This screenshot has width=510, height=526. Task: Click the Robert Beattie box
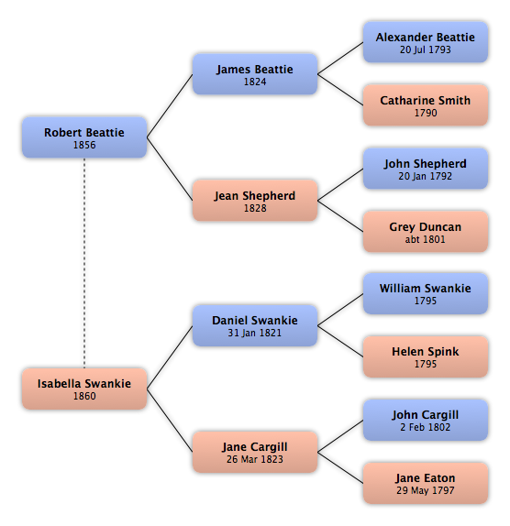(84, 137)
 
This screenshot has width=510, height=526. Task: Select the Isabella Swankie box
(84, 389)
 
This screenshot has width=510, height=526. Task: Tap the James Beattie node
(255, 74)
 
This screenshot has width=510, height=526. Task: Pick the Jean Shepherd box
(255, 201)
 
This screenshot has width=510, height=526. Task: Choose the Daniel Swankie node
(255, 325)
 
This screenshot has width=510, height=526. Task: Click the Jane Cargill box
(255, 452)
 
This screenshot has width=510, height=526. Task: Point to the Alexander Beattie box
(426, 42)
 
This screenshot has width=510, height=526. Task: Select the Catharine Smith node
(426, 105)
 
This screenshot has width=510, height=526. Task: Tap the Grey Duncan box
(426, 232)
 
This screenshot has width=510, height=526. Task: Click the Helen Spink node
(426, 356)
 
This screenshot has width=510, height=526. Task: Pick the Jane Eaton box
(426, 483)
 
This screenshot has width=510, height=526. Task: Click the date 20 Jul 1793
(426, 49)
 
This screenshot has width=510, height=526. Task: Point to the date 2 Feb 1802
(426, 427)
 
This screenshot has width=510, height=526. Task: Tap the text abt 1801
(426, 239)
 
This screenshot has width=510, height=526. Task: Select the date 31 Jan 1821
(255, 333)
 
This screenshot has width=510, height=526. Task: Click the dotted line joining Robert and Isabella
(84, 263)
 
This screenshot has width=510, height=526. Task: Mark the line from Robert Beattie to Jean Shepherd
(170, 169)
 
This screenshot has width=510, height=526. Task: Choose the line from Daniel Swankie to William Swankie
(340, 310)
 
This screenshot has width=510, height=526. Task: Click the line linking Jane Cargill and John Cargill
(340, 436)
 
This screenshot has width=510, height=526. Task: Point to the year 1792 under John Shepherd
(439, 176)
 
